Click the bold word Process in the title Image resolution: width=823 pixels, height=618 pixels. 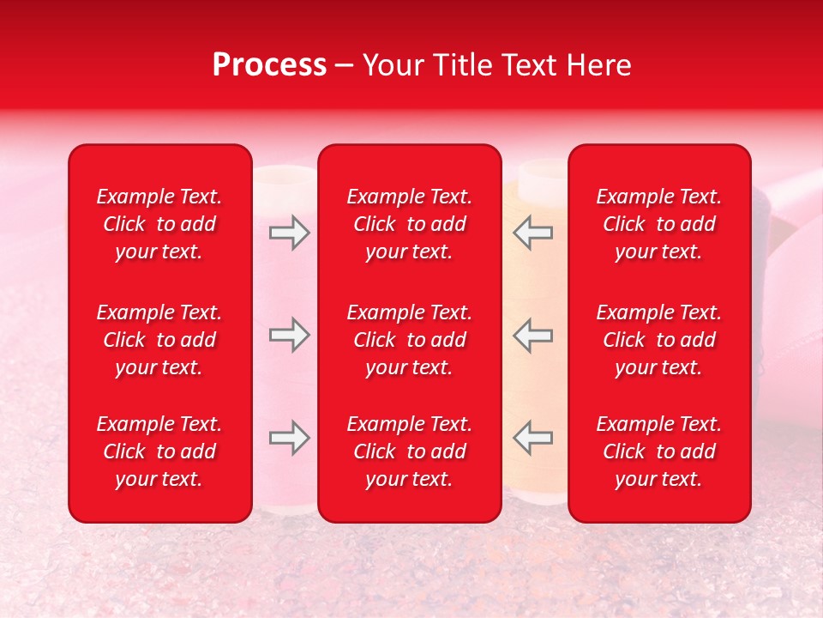pos(269,65)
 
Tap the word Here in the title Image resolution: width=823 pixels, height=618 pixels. pos(598,65)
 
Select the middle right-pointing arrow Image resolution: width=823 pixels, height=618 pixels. pos(290,336)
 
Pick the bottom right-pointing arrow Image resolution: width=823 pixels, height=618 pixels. pos(290,438)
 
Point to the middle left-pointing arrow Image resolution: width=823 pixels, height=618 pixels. pos(532,336)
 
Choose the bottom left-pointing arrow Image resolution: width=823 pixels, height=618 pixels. pos(532,438)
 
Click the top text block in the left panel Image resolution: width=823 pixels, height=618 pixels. pos(159,224)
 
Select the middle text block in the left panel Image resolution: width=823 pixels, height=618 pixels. pos(159,340)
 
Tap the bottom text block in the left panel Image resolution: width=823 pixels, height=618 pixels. pos(159,451)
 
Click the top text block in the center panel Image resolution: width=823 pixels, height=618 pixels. pos(410,224)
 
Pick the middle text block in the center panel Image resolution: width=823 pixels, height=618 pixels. pos(410,340)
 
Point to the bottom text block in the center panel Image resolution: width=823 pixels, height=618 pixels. pos(410,451)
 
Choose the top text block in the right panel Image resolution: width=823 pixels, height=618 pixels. pos(659,224)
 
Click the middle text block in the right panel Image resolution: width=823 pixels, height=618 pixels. pos(659,340)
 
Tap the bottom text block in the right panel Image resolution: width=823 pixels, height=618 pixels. pos(659,451)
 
